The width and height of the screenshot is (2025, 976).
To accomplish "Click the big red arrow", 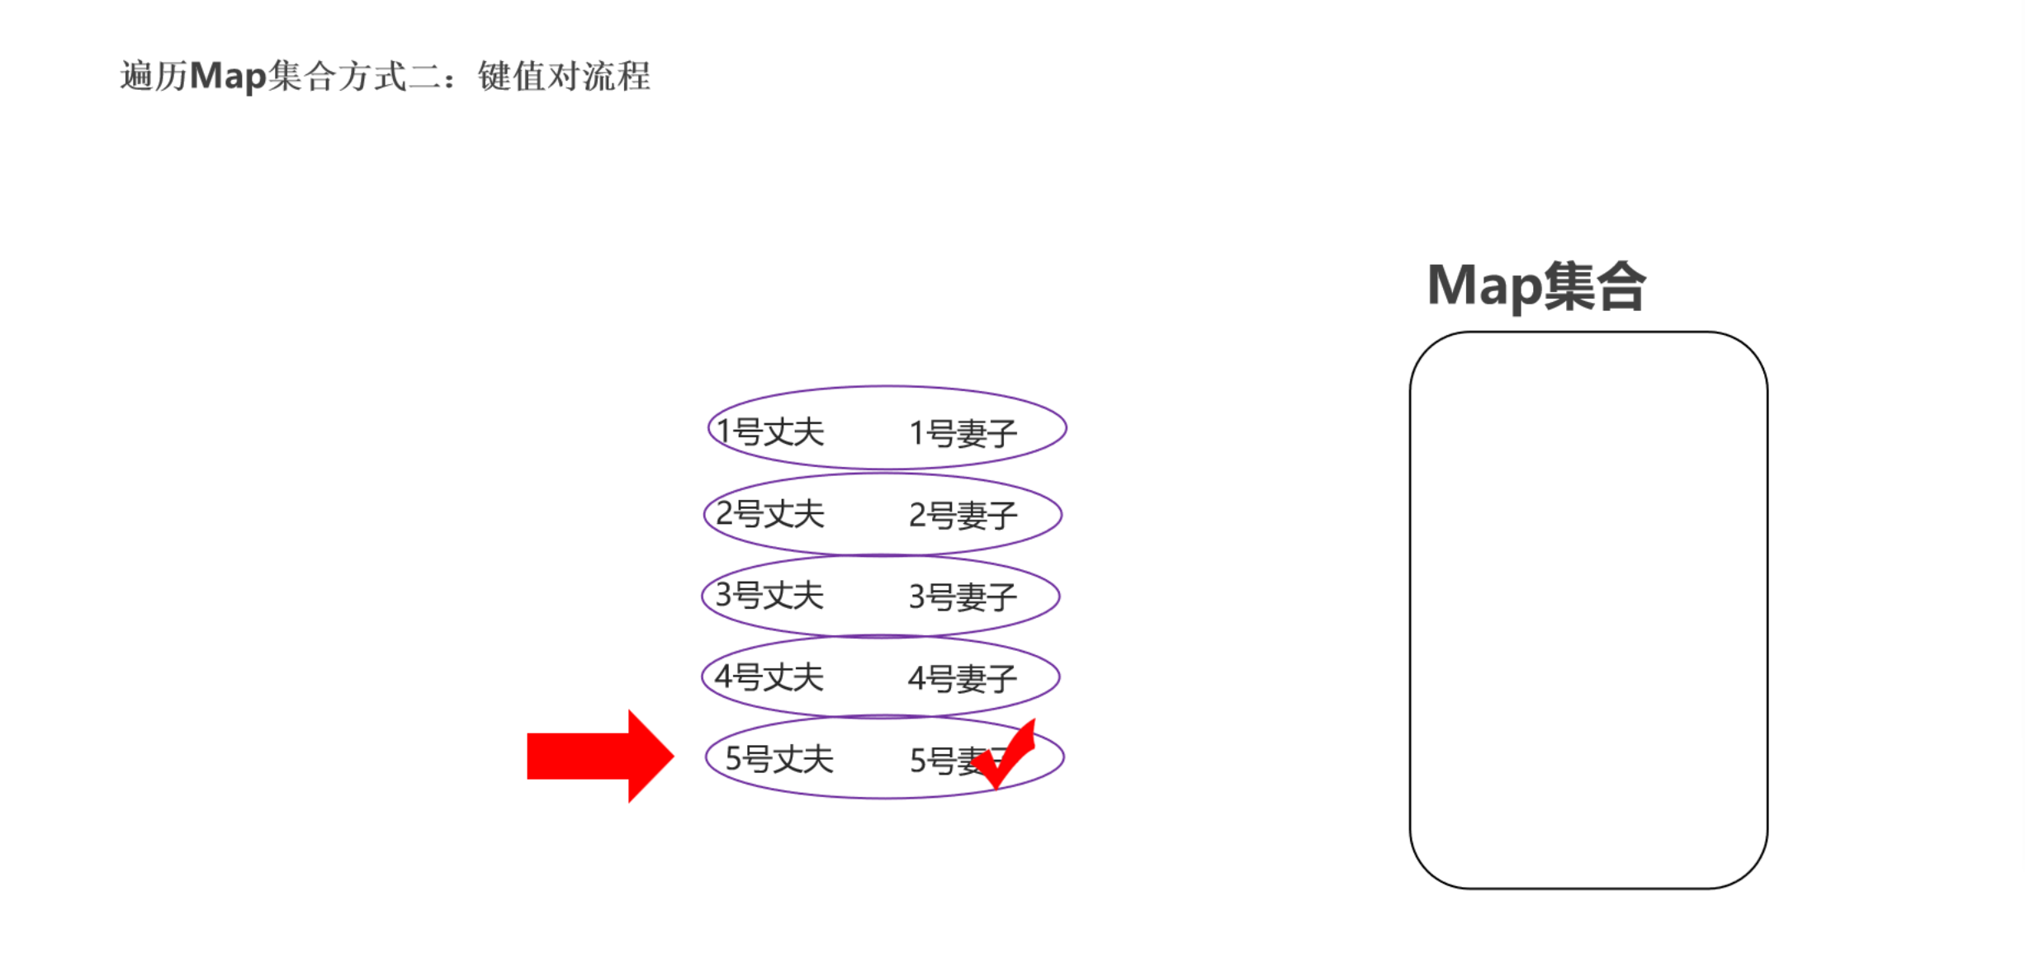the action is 600,756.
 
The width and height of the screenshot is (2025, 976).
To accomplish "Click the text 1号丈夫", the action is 770,431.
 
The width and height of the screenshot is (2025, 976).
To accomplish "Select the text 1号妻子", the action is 963,433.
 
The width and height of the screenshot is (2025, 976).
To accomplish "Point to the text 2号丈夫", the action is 770,514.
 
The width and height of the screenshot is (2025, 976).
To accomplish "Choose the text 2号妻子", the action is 963,516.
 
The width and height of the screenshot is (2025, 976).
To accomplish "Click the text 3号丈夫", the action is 769,595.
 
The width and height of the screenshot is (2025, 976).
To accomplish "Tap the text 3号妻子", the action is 963,596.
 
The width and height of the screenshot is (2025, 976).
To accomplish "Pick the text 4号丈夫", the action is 769,677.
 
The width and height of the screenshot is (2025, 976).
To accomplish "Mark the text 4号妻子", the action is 963,679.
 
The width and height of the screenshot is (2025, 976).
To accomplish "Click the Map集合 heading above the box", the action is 1536,286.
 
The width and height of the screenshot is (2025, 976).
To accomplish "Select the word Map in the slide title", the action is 228,76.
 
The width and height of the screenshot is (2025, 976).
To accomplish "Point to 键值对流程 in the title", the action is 564,76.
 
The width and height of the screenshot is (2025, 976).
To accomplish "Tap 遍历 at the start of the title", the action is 154,76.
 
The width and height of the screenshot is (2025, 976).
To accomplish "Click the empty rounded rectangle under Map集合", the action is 1588,611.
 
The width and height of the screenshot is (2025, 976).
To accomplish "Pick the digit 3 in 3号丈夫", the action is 724,595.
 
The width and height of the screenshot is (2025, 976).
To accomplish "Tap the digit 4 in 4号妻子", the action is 917,679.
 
